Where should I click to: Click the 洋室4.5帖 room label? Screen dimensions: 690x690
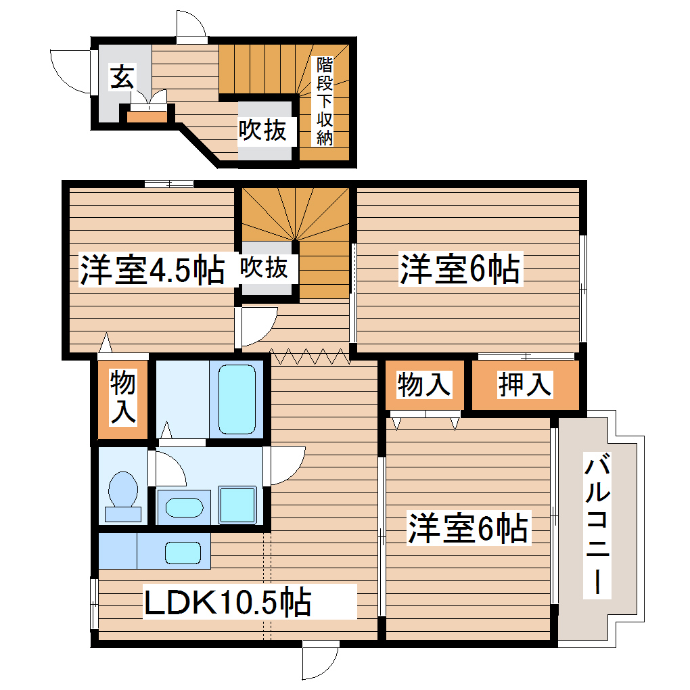point(152,270)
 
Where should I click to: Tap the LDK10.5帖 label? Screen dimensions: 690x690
point(227,601)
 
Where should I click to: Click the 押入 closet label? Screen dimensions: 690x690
point(525,385)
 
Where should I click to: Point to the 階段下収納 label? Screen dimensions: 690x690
point(325,101)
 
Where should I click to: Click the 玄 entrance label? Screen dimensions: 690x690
point(120,78)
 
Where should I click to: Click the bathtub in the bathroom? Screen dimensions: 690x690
point(236,399)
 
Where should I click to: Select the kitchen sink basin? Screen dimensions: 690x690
point(183,552)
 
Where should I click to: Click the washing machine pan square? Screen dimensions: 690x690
point(237,504)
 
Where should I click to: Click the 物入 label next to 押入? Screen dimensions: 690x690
point(424,385)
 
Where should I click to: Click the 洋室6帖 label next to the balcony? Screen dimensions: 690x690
point(467,528)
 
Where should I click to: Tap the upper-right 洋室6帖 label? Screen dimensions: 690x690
point(459,270)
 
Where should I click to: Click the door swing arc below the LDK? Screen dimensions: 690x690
point(320,662)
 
